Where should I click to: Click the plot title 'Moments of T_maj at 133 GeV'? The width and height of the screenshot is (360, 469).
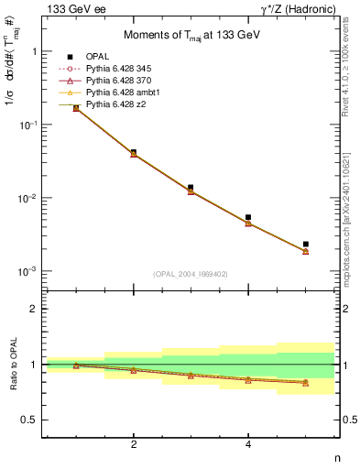191,36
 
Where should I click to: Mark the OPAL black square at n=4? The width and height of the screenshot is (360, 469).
248,217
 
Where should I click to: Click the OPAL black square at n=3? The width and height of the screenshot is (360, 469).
191,187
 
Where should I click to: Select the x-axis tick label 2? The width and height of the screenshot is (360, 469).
134,445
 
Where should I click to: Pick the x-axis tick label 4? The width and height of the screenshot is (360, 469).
248,445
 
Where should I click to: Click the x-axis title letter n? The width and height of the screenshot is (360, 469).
336,459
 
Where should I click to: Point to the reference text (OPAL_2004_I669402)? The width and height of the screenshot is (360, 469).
191,273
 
